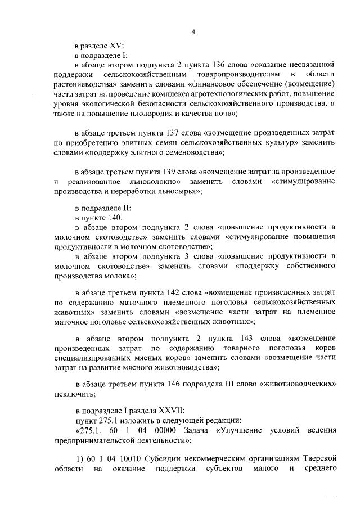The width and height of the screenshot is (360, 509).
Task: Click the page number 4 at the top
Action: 192,33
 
